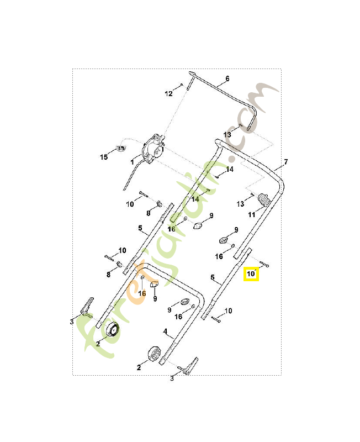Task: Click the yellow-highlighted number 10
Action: click(x=251, y=273)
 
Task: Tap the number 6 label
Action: click(x=227, y=79)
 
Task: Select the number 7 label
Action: click(x=285, y=162)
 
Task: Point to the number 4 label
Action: click(x=165, y=331)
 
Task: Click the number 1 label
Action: click(x=133, y=162)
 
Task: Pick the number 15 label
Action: click(x=104, y=157)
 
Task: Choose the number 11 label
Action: click(x=251, y=215)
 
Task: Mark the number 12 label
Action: click(x=169, y=94)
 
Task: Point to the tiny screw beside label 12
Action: click(x=181, y=85)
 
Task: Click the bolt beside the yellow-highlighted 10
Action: click(x=264, y=265)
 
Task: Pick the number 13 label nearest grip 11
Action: click(x=240, y=204)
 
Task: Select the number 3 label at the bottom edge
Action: click(x=172, y=378)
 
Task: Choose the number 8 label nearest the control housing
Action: click(x=148, y=213)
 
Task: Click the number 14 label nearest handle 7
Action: click(x=230, y=170)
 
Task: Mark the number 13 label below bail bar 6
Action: click(x=227, y=134)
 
